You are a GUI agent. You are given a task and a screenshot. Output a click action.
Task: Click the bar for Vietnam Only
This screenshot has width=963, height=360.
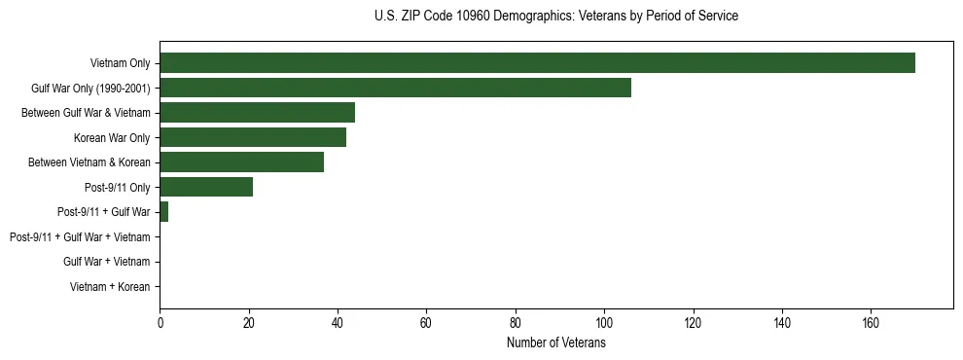tap(537, 63)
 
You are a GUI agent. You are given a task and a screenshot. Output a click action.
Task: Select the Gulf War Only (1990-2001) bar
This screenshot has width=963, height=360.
tap(395, 88)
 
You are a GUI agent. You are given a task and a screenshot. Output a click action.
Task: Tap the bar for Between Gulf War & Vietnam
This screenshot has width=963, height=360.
tap(257, 113)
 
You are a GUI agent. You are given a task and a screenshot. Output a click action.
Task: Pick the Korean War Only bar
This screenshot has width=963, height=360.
tap(253, 137)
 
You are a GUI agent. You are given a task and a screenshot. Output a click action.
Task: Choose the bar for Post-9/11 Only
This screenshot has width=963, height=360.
tap(206, 187)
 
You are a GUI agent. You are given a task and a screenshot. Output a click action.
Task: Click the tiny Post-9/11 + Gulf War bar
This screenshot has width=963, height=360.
tap(164, 212)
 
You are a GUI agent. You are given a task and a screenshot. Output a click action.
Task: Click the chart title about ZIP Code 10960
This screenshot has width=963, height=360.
tap(555, 17)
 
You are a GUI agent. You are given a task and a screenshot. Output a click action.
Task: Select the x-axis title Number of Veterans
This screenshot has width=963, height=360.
tap(555, 343)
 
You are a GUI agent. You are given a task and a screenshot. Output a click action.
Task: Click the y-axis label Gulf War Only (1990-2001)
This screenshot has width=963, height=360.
tap(90, 89)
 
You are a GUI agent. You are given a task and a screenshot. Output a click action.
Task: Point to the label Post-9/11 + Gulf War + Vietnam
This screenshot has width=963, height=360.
tap(80, 237)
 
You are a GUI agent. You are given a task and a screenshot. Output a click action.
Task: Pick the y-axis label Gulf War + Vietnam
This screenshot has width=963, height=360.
tap(106, 262)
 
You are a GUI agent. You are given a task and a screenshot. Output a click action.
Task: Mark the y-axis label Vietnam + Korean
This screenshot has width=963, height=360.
tap(110, 287)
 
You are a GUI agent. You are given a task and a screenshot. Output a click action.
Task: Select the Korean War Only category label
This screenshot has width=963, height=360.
tap(112, 138)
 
